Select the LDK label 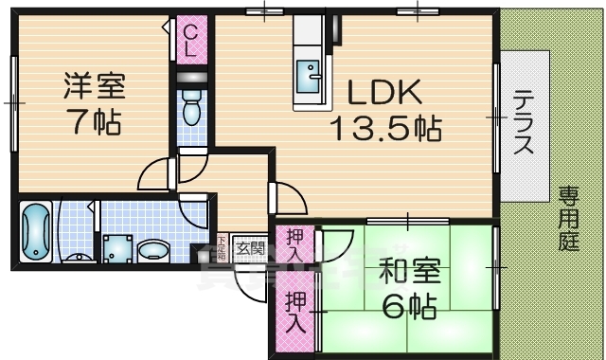(383, 93)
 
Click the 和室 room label (408, 272)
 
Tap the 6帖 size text (408, 306)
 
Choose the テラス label (524, 123)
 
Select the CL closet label (189, 41)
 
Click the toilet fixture (190, 106)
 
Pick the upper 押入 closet (293, 245)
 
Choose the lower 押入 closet (293, 311)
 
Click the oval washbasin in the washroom (151, 251)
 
